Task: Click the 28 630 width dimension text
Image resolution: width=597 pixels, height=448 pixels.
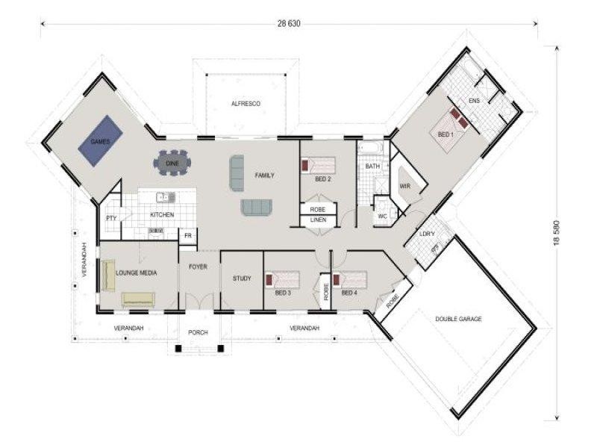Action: coord(288,23)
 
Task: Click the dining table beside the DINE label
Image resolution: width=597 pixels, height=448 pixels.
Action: coord(172,162)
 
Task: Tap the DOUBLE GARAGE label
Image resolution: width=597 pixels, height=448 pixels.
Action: coord(459,319)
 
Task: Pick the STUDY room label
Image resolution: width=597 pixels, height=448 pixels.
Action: coord(242,279)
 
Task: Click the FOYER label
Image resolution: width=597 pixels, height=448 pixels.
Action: coord(198,267)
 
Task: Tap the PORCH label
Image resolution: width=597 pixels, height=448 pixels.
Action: coord(198,332)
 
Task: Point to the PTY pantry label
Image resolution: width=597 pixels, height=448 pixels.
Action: coord(111,218)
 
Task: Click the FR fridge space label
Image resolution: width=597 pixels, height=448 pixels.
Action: coord(190,235)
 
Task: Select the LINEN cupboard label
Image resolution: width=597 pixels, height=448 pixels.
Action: coord(318,220)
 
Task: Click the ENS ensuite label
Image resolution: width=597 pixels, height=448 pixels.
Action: coord(474,101)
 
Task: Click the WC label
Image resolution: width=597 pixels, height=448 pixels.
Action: coord(381,217)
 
